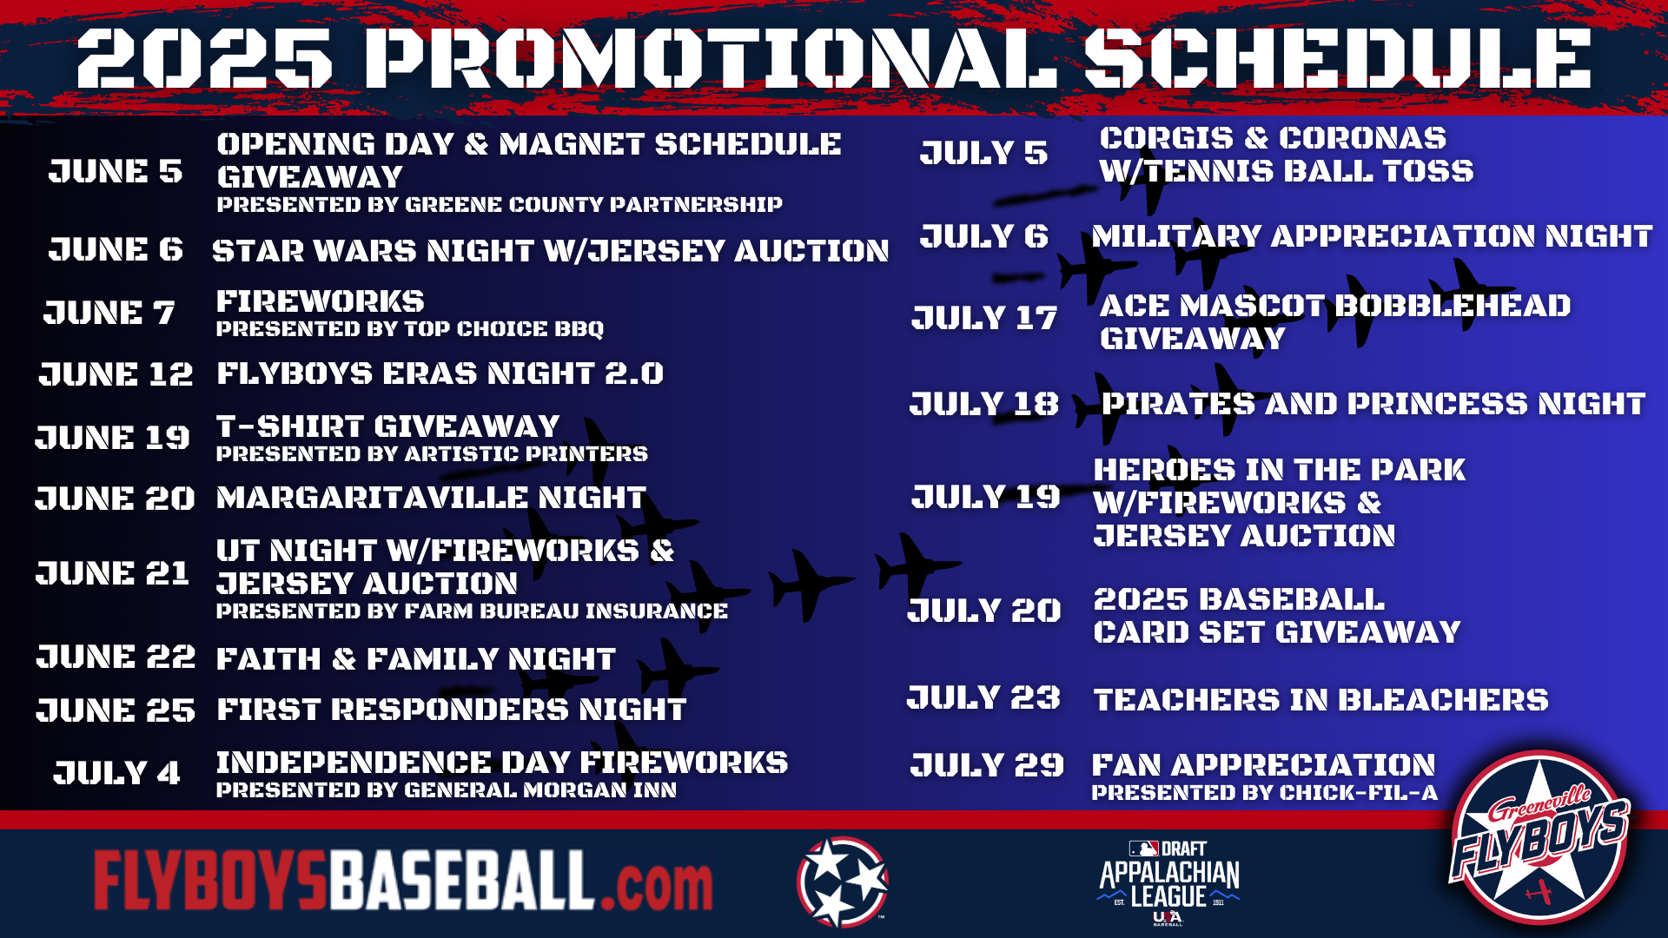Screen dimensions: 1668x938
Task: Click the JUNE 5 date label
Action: point(116,172)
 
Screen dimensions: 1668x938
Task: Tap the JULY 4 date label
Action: point(116,773)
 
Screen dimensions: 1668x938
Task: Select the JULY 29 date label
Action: point(987,765)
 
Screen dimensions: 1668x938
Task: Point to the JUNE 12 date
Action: point(116,374)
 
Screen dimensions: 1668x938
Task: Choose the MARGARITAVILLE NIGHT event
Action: point(431,498)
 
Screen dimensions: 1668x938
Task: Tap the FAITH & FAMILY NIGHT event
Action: point(416,659)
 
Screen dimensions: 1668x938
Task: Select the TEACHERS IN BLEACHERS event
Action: point(1320,700)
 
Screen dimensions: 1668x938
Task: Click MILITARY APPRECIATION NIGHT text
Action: point(1372,236)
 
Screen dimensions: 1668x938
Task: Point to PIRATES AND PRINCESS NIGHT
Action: point(1373,404)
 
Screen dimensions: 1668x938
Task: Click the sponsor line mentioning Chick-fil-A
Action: point(1265,793)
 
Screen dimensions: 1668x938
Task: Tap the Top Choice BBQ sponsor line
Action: point(410,329)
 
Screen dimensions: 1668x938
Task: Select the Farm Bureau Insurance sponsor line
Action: point(472,611)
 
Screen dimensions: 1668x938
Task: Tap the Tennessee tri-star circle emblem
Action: point(842,882)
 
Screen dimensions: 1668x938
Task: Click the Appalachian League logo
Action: point(1169,882)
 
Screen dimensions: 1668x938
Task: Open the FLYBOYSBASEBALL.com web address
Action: point(403,881)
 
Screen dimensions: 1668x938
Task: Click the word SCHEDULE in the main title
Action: point(1338,58)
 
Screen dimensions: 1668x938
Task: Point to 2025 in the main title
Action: point(205,58)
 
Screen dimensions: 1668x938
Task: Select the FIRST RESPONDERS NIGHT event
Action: point(452,710)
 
